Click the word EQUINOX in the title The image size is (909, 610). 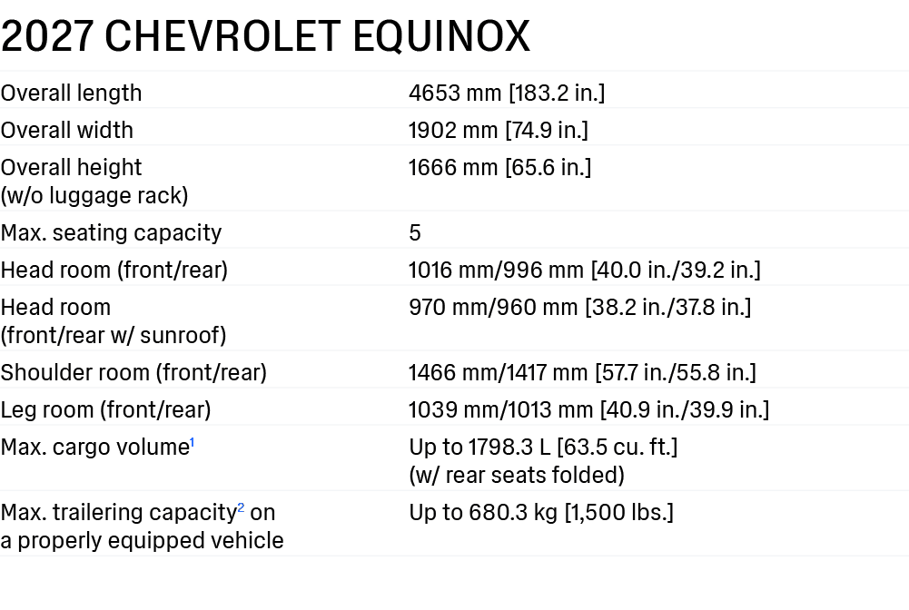coord(441,36)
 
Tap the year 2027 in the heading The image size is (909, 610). coord(47,36)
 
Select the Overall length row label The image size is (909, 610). coord(72,93)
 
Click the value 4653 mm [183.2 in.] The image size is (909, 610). coord(507,93)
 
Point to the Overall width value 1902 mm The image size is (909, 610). coord(453,131)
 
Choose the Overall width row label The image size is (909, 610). coord(66,131)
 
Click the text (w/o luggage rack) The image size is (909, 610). coord(94,196)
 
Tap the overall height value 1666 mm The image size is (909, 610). coord(453,167)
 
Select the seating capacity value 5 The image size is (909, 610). coord(414,233)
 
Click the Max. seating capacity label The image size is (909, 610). coord(112,233)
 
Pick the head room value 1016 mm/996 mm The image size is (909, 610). coord(496,270)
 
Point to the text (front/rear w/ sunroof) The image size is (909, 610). coord(114,336)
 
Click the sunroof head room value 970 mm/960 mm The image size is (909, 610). coord(493,307)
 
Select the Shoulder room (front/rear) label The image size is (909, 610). coord(133,372)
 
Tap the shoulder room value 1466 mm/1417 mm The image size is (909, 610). coord(498,372)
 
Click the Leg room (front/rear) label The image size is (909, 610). coord(106,410)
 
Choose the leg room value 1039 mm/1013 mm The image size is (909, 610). coord(500,409)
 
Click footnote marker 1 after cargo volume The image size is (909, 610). coord(192,443)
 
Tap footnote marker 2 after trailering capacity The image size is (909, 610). coord(241,508)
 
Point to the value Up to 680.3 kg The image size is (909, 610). coord(483,513)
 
